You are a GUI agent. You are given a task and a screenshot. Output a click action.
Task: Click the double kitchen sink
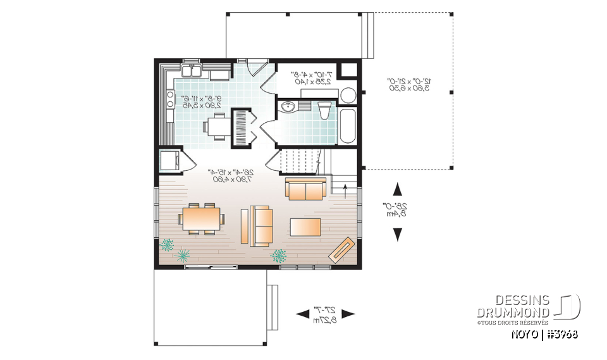pyautogui.click(x=192, y=70)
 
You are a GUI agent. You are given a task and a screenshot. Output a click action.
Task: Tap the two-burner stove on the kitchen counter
pyautogui.click(x=170, y=99)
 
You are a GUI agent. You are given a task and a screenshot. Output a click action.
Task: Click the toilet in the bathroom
pyautogui.click(x=322, y=112)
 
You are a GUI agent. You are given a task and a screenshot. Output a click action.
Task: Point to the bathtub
pyautogui.click(x=348, y=126)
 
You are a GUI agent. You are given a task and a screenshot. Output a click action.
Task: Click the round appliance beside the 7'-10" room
pyautogui.click(x=348, y=96)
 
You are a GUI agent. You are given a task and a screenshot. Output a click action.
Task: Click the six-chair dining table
pyautogui.click(x=201, y=219)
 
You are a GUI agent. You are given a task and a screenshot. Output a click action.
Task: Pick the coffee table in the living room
pyautogui.click(x=305, y=226)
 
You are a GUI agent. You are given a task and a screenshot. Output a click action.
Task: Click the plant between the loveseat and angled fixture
pyautogui.click(x=279, y=255)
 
